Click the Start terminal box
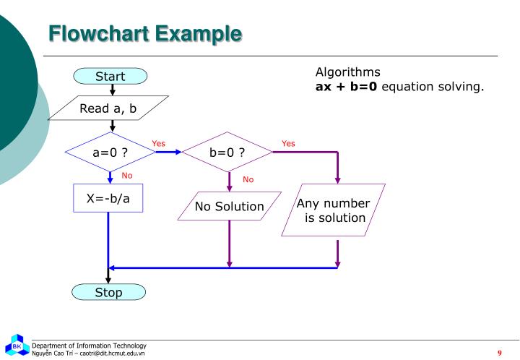coord(110,76)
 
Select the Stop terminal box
coord(108,292)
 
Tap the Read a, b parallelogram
coord(108,109)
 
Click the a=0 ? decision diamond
coord(110,152)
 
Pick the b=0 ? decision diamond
coord(227,152)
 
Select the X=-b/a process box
coord(108,198)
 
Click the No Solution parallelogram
coord(229,207)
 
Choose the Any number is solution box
coord(333,210)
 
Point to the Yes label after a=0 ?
coord(159,143)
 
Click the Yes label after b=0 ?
coord(288,143)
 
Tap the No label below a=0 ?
coord(127,175)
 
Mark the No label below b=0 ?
coord(248,179)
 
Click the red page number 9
coord(499,352)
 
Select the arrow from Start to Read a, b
coord(113,89)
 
